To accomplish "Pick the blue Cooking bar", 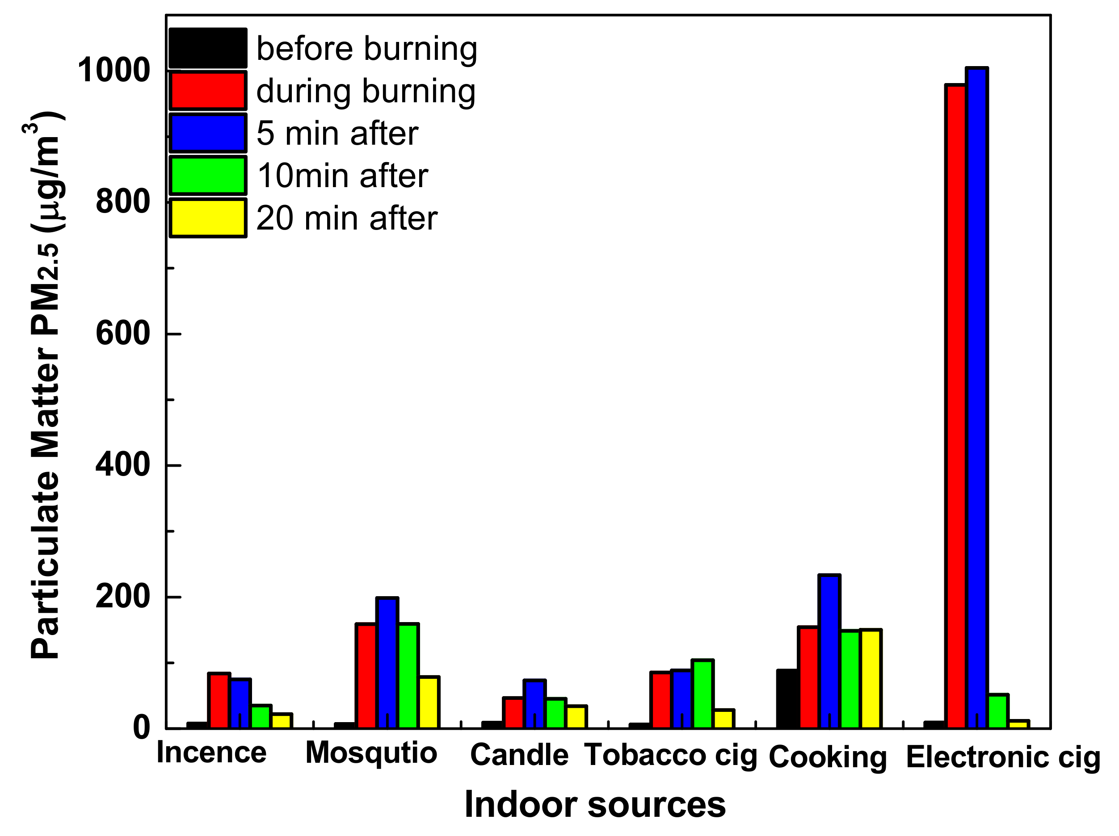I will pyautogui.click(x=829, y=652).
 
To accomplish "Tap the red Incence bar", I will pyautogui.click(x=219, y=701).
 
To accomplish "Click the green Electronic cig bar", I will pyautogui.click(x=998, y=712).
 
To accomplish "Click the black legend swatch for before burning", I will pyautogui.click(x=208, y=49).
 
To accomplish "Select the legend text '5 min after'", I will pyautogui.click(x=337, y=134).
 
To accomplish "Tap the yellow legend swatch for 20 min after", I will pyautogui.click(x=208, y=218).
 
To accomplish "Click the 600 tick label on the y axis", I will pyautogui.click(x=123, y=334).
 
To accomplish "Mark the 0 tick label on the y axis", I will pyautogui.click(x=142, y=728).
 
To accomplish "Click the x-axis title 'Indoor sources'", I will pyautogui.click(x=595, y=805).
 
